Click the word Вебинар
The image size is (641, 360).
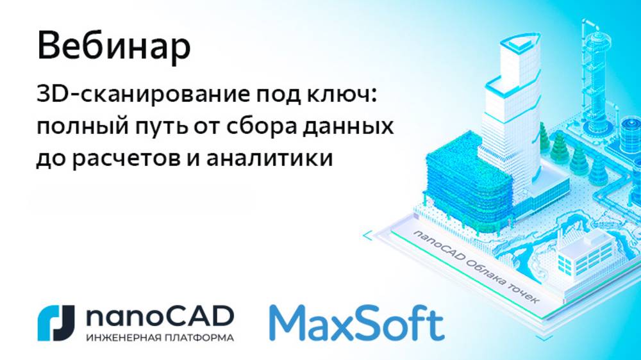[113, 47]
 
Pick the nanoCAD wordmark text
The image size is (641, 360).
[155, 315]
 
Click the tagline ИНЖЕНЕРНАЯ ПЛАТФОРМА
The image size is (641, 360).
[155, 336]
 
